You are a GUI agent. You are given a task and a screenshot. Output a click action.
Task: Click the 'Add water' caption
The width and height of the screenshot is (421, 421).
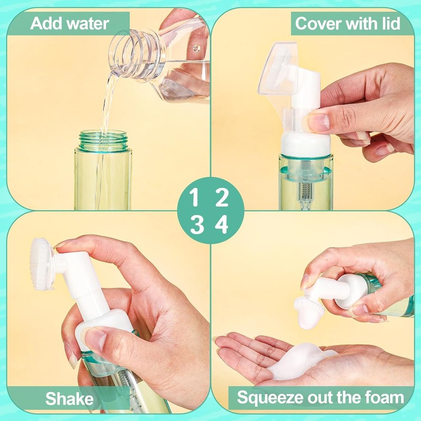pos(69,24)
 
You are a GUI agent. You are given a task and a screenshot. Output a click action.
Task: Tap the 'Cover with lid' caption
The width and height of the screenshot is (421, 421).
pos(347,24)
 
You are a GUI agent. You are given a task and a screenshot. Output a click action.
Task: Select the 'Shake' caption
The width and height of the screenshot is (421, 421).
pos(69,398)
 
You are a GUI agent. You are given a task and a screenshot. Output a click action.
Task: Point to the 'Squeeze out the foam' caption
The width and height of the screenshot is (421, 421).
pos(320,397)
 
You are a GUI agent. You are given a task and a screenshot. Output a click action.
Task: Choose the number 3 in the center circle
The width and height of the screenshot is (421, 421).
pos(196,225)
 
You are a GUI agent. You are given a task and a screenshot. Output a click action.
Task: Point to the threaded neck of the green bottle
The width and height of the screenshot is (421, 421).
pos(103,140)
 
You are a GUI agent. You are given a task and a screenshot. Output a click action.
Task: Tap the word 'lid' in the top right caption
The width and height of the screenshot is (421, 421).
pos(389,24)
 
